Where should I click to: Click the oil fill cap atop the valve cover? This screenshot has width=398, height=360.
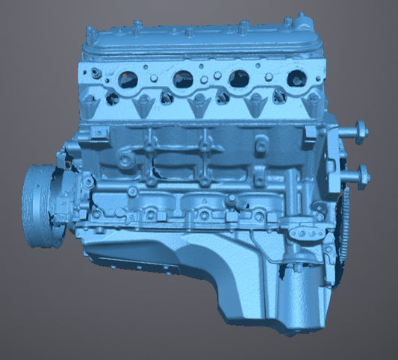(299, 18)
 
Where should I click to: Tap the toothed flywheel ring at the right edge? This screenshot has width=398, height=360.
(345, 224)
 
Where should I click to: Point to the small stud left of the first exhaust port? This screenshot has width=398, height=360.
(96, 72)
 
